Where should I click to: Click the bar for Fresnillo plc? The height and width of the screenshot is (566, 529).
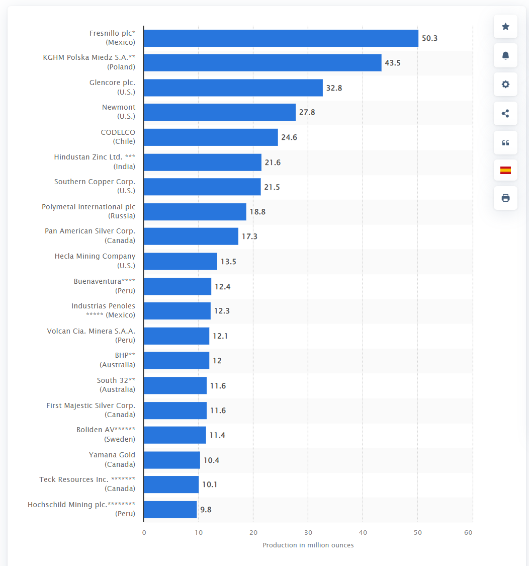281,38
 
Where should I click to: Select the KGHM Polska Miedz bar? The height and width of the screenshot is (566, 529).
262,63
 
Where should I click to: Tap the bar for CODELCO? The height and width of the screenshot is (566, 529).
211,137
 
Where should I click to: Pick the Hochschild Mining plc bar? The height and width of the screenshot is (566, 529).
170,510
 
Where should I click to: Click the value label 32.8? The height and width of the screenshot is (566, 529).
334,88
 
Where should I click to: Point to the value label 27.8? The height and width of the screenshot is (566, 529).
307,112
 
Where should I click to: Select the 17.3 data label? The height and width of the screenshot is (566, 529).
249,236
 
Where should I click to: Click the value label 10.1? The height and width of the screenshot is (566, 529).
210,484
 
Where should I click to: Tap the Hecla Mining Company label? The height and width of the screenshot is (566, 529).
95,261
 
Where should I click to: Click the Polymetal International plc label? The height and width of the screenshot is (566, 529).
89,211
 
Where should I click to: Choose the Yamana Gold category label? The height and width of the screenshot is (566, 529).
112,459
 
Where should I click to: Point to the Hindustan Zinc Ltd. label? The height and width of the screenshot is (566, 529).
95,161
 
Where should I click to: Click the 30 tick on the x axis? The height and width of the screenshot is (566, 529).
308,532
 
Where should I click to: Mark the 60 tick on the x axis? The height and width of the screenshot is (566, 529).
468,532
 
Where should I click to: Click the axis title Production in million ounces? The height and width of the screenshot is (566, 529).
308,545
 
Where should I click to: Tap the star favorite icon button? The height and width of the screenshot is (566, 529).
505,27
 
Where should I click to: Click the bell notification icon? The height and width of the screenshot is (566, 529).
505,55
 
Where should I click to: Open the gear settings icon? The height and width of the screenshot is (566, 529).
505,84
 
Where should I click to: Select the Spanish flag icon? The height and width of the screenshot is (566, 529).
505,170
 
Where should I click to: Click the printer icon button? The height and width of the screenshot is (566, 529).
505,198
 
